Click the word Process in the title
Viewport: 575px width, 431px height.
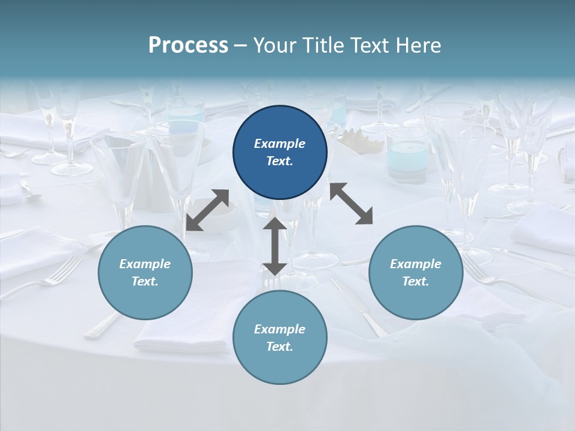coord(188,45)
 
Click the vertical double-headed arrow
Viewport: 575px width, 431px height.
coord(274,246)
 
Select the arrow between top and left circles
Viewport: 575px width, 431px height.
coord(207,210)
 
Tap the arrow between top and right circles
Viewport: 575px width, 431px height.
coord(352,204)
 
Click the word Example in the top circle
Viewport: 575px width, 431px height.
coord(280,144)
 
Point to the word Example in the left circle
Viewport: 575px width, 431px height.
coord(145,264)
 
